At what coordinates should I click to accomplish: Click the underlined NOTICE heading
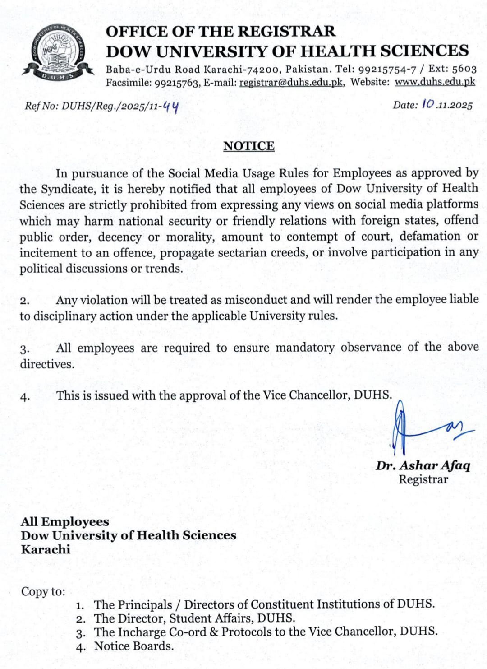(249, 146)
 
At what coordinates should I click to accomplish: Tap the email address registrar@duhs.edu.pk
(291, 83)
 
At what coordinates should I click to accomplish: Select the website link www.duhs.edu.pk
(435, 82)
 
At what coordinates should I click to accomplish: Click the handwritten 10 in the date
(428, 104)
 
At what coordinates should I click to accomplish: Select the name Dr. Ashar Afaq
(423, 465)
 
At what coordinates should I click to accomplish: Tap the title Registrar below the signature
(423, 479)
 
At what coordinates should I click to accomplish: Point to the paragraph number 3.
(25, 349)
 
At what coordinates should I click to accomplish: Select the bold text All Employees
(65, 522)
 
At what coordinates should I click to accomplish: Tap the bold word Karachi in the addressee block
(46, 549)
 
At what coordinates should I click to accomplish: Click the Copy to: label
(43, 591)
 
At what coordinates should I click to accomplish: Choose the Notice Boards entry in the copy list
(133, 646)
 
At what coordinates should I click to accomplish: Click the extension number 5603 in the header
(464, 69)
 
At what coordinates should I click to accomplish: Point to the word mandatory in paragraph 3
(305, 348)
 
